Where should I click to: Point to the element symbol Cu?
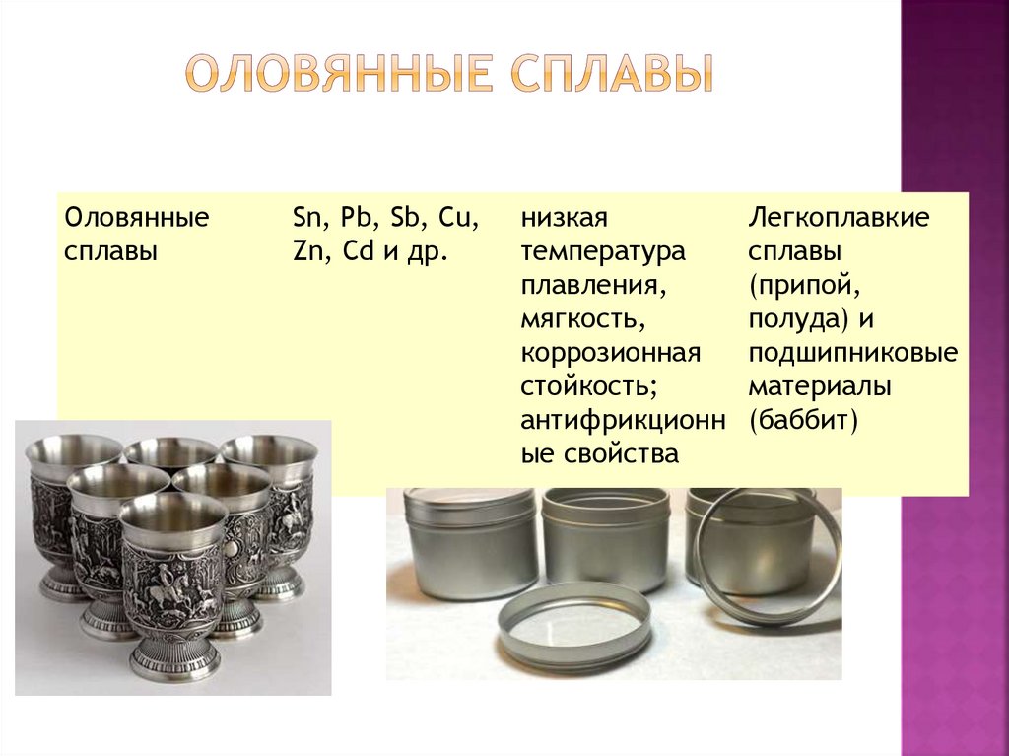(x=458, y=218)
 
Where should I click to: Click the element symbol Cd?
(x=359, y=251)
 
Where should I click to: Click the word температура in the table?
(x=603, y=251)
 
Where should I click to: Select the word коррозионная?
(x=611, y=354)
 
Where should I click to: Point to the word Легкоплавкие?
(x=839, y=218)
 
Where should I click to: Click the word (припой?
(x=804, y=285)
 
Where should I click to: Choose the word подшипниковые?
(x=852, y=354)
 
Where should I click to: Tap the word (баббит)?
(x=803, y=421)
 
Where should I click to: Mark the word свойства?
(x=621, y=454)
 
